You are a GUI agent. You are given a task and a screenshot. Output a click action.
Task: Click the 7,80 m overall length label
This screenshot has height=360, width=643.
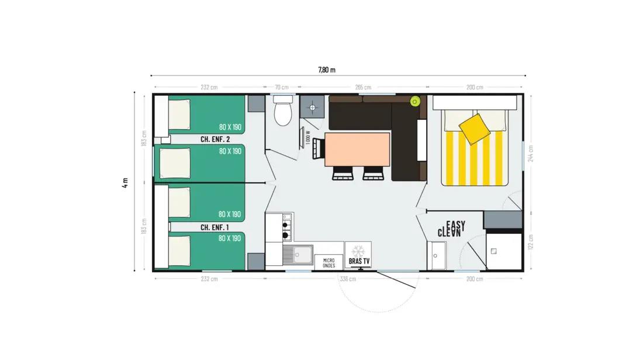click(x=327, y=70)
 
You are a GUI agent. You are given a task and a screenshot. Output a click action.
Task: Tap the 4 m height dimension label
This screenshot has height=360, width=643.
click(x=125, y=182)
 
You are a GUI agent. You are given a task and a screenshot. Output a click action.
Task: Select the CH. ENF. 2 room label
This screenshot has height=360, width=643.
click(x=215, y=140)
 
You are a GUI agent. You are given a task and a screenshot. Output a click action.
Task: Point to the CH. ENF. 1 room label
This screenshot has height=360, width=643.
click(x=215, y=227)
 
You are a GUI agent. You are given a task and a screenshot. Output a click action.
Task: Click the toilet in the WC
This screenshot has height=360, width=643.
click(x=282, y=110)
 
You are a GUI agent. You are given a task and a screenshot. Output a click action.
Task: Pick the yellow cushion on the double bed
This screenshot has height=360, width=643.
click(x=475, y=129)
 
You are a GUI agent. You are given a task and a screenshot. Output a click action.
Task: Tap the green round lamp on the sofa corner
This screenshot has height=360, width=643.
click(x=415, y=101)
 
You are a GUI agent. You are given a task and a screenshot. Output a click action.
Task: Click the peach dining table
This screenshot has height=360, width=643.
click(x=357, y=149)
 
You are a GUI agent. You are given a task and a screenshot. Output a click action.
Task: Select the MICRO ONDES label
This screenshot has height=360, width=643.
click(x=329, y=263)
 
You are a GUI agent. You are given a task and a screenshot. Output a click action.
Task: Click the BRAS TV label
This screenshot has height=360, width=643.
click(x=359, y=261)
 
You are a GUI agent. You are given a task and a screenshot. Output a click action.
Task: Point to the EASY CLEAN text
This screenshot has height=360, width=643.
click(x=451, y=229)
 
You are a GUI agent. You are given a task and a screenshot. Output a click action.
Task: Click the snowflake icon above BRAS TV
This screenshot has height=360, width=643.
click(x=358, y=251)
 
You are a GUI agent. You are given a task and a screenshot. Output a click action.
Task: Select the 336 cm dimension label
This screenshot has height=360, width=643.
click(x=348, y=279)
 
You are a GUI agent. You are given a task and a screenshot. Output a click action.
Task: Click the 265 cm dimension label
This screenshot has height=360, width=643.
click(x=363, y=87)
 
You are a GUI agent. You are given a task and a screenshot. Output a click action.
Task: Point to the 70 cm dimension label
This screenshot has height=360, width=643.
click(x=282, y=87)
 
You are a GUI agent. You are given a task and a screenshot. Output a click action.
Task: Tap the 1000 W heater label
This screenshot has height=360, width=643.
click(x=308, y=137)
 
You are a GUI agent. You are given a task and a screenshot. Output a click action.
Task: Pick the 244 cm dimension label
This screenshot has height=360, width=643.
click(x=531, y=154)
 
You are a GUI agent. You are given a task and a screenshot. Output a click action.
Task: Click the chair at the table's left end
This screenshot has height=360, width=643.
click(x=319, y=148)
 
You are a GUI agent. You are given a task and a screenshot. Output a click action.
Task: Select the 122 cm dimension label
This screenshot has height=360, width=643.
click(x=531, y=242)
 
